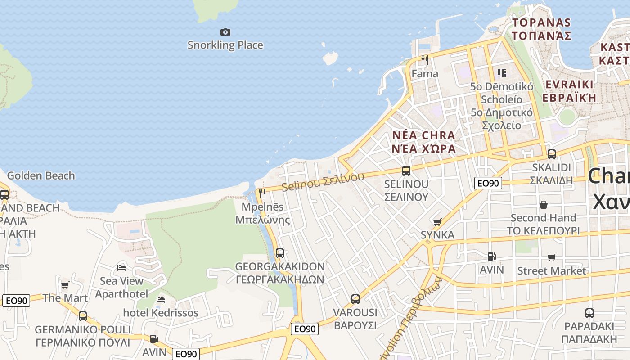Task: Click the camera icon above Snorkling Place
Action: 225,32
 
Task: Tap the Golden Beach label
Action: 41,175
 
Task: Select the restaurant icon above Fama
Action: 424,60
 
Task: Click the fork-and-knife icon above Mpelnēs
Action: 262,193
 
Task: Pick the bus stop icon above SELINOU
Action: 406,171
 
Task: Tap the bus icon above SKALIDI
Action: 551,154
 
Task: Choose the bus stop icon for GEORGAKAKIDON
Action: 279,253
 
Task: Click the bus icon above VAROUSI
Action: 355,299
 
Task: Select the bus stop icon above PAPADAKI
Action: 589,313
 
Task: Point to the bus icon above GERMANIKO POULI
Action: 82,316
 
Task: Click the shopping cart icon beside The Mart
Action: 65,285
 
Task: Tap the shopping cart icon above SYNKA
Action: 437,222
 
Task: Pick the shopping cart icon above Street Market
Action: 551,257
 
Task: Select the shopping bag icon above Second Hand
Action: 543,205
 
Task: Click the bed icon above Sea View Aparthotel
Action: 121,268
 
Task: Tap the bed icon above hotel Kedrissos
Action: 161,299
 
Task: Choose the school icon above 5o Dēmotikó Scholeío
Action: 501,73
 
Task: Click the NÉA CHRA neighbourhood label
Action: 423,135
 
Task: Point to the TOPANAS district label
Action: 542,22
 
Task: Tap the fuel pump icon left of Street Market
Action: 491,256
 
